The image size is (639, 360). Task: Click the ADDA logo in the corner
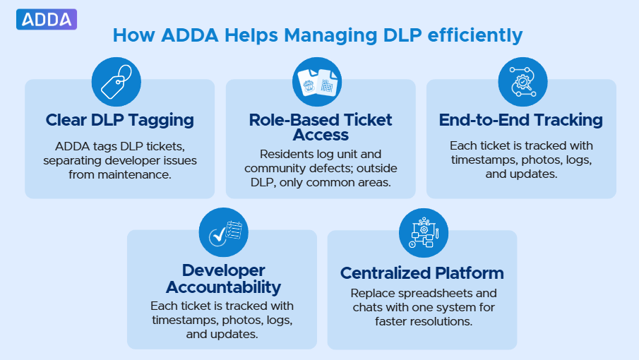pyautogui.click(x=46, y=20)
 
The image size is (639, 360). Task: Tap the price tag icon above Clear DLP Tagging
pyautogui.click(x=116, y=82)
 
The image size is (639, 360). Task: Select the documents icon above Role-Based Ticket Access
pyautogui.click(x=317, y=82)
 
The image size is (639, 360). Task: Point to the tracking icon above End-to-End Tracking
pyautogui.click(x=522, y=82)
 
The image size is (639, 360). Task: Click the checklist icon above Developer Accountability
pyautogui.click(x=223, y=232)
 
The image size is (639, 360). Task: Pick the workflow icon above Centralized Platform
pyautogui.click(x=423, y=232)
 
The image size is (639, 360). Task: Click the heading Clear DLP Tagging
pyautogui.click(x=120, y=120)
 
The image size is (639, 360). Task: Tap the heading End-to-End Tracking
pyautogui.click(x=521, y=120)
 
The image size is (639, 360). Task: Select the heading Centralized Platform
pyautogui.click(x=422, y=273)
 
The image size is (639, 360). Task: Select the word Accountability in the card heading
pyautogui.click(x=223, y=287)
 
